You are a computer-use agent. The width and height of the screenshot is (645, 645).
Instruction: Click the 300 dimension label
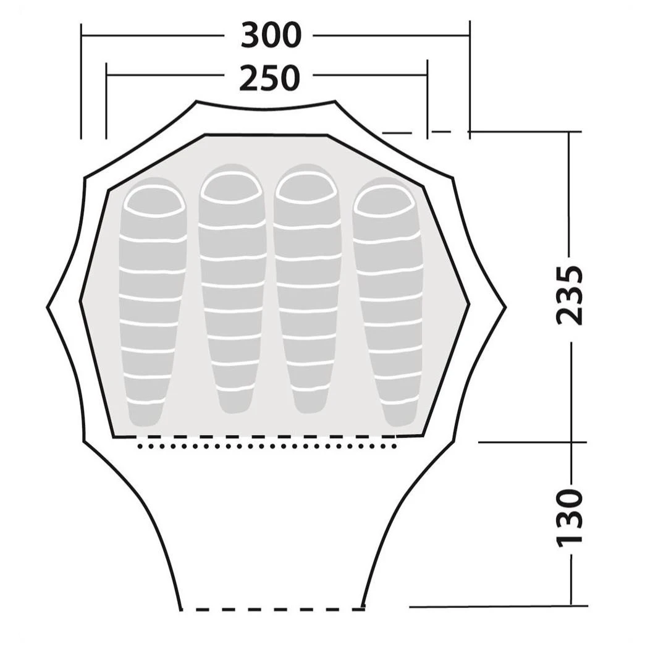click(x=271, y=35)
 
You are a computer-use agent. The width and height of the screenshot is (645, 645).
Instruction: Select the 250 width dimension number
click(x=269, y=78)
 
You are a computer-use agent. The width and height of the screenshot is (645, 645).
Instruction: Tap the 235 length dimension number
click(x=570, y=295)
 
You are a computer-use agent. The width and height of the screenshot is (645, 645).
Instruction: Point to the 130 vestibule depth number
click(x=570, y=518)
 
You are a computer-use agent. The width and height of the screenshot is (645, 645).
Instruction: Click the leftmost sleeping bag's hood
click(x=154, y=201)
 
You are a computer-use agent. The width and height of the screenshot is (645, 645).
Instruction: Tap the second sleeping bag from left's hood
click(x=231, y=188)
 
